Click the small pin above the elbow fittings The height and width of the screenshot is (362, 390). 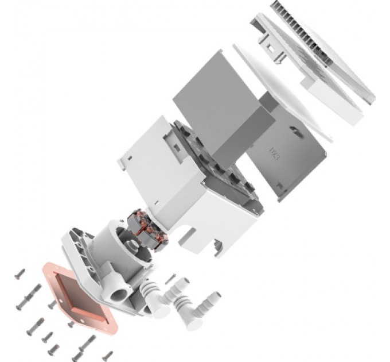click(x=171, y=279)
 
